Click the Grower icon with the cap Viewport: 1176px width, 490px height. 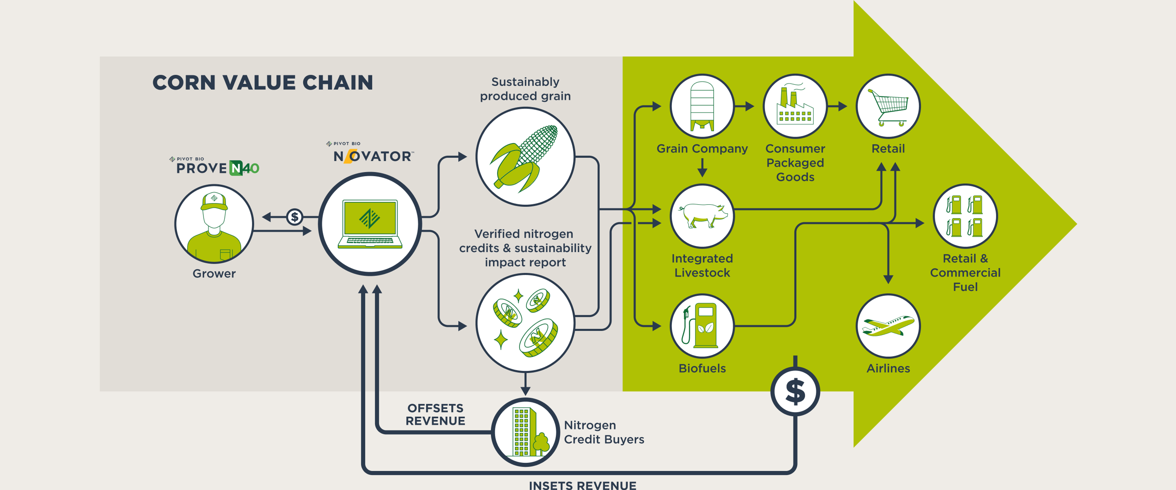click(214, 224)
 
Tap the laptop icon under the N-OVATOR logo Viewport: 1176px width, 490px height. click(370, 224)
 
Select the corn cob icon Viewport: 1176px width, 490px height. click(525, 156)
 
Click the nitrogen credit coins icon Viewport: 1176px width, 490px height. click(525, 323)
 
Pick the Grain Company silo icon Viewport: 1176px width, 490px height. click(702, 106)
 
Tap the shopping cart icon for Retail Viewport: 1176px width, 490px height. click(888, 106)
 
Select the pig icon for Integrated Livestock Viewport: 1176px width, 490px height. click(702, 216)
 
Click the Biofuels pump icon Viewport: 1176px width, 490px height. click(702, 326)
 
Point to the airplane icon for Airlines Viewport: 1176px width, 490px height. click(888, 326)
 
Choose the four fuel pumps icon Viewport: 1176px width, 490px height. click(965, 216)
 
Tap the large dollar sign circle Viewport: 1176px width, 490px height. click(795, 391)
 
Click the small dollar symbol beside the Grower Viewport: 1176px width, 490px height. click(294, 217)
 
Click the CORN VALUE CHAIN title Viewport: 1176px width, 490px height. click(262, 83)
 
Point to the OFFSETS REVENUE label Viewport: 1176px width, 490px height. click(435, 414)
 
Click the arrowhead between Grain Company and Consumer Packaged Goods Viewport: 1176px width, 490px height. click(750, 106)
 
